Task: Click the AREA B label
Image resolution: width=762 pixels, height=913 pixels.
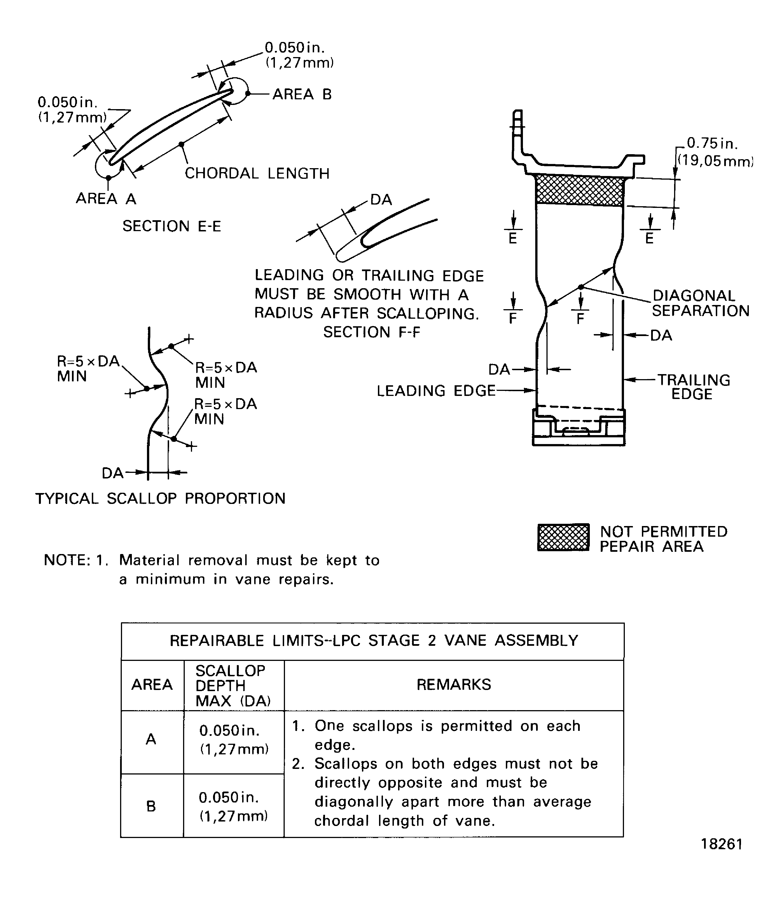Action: [302, 94]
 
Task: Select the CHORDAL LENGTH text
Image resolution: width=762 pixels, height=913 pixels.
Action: [257, 173]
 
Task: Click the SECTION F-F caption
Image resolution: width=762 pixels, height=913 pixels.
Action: [371, 332]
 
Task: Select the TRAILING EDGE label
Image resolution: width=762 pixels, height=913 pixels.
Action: [693, 386]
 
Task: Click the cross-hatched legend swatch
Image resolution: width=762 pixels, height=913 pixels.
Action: [563, 538]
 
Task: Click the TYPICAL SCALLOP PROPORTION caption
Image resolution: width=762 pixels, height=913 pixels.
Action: [160, 499]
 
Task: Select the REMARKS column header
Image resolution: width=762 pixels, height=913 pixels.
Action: [454, 685]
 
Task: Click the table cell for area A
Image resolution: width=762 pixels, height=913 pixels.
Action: [151, 739]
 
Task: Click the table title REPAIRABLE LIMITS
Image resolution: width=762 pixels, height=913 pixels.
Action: [374, 641]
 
